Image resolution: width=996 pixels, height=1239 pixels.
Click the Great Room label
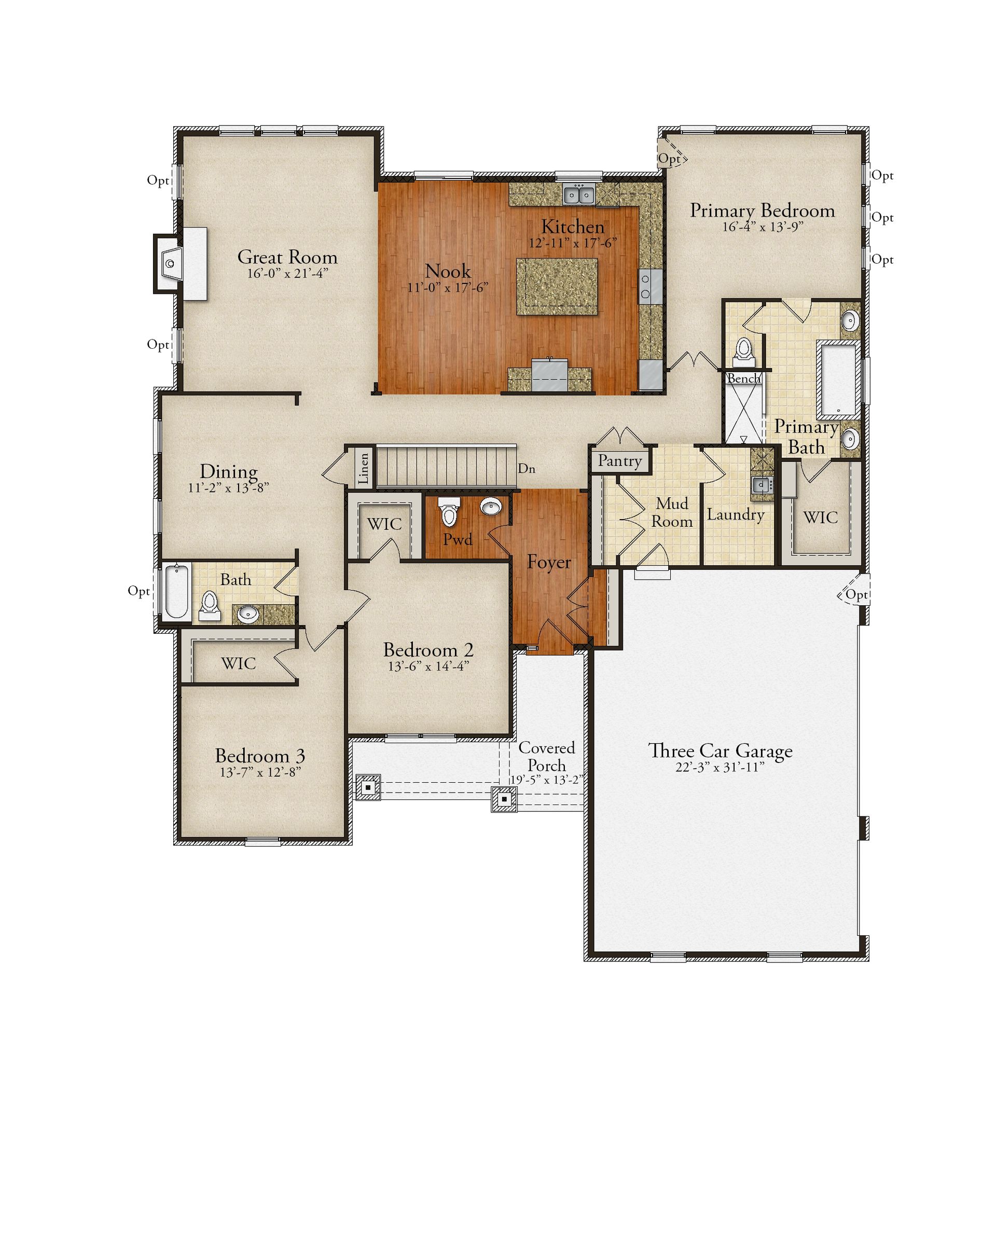coord(287,257)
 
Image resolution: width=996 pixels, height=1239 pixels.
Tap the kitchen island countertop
coord(557,286)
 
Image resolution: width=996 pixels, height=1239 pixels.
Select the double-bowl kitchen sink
coord(578,195)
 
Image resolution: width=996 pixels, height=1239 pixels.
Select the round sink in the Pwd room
coord(491,507)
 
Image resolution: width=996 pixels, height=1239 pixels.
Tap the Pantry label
coord(620,461)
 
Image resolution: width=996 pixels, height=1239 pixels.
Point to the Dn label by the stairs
coord(527,468)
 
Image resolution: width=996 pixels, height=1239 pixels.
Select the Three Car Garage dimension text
coord(720,767)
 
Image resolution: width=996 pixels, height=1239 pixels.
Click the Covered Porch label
coord(546,756)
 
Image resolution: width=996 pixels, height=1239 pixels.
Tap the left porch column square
coord(368,787)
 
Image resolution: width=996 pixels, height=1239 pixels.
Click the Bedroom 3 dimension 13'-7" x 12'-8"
coord(260,772)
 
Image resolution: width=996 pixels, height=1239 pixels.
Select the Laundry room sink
coord(762,484)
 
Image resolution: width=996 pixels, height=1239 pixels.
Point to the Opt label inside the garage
coord(856,595)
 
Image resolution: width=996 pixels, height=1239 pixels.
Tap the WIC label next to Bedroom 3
coord(239,663)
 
